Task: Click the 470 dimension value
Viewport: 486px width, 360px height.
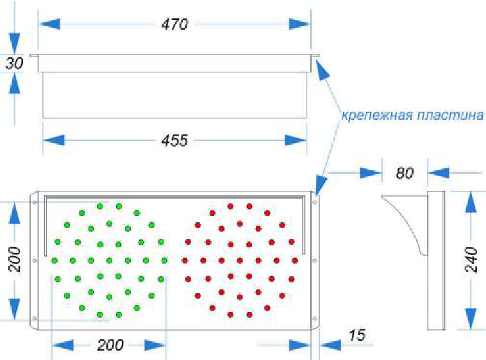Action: (x=174, y=24)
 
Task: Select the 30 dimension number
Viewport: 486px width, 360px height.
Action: (x=14, y=63)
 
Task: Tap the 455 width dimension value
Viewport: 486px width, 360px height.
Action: (x=174, y=140)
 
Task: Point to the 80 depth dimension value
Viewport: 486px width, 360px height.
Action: (x=405, y=173)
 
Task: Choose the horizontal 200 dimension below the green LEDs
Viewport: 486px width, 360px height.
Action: (x=110, y=345)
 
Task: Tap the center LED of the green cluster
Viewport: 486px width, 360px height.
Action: (x=109, y=260)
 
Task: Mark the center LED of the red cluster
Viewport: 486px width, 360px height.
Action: (x=240, y=260)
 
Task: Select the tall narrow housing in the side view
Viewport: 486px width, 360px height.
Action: (x=435, y=260)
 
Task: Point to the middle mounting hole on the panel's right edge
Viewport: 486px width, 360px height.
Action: (x=315, y=260)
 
